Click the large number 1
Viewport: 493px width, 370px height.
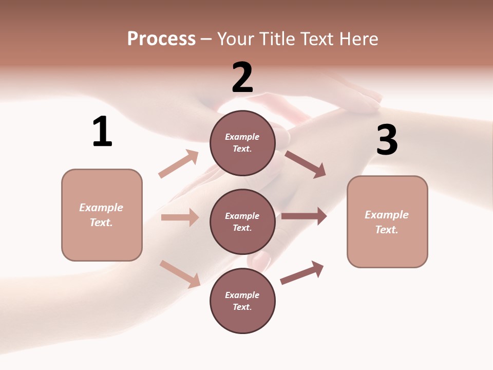point(102,132)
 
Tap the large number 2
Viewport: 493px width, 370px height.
point(242,77)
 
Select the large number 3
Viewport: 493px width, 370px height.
point(387,140)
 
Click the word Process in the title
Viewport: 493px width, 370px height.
point(161,39)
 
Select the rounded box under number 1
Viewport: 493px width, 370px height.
point(102,215)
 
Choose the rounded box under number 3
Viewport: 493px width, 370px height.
point(387,221)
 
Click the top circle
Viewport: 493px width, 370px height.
point(242,143)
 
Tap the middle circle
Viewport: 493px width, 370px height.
point(242,221)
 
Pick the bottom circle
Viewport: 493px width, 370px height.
point(242,301)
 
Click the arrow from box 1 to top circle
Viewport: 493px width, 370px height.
point(179,164)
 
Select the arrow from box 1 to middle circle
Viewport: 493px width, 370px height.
point(180,217)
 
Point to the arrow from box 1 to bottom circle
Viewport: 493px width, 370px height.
point(180,274)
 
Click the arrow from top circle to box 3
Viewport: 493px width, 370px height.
point(306,164)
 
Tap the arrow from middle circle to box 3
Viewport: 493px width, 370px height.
point(304,216)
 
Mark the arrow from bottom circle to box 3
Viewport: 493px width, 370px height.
point(302,272)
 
